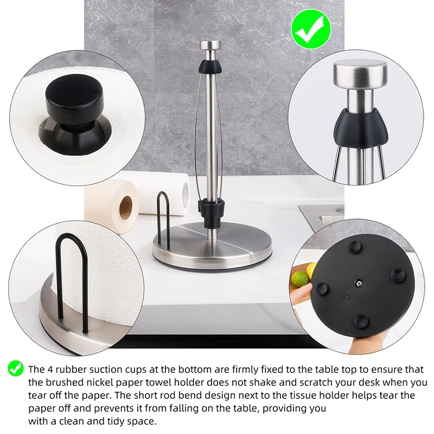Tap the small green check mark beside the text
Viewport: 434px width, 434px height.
pos(15,369)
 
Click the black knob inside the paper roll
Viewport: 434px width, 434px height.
pos(71,100)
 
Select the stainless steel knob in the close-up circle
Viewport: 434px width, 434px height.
pos(360,78)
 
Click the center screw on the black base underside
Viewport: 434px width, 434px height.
pos(359,283)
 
